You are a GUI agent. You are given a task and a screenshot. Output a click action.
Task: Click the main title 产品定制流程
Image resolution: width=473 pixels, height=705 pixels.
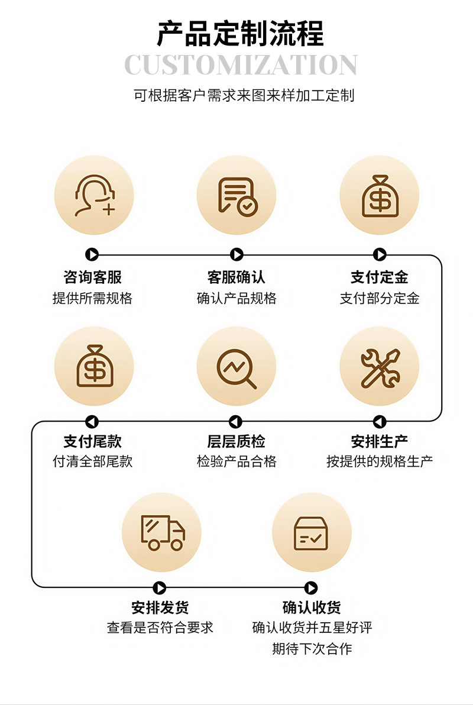[x=240, y=34]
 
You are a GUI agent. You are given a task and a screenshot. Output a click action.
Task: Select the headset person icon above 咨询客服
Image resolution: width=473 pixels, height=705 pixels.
[x=93, y=196]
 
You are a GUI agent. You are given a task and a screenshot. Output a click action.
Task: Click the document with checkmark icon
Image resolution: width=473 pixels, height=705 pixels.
[x=237, y=196]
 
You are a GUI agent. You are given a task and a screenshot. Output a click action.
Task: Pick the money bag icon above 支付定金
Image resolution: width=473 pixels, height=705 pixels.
[x=380, y=196]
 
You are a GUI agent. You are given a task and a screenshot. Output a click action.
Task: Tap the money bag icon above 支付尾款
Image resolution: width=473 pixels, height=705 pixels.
[x=93, y=366]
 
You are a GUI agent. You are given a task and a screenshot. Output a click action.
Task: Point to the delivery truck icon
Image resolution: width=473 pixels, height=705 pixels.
[x=161, y=532]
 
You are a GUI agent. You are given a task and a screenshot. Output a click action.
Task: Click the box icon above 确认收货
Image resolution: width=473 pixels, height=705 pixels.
[x=311, y=533]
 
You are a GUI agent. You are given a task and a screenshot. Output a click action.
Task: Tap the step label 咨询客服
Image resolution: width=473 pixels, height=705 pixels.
[x=92, y=277]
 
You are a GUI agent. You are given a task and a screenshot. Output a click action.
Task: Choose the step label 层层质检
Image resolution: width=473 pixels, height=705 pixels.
[x=236, y=442]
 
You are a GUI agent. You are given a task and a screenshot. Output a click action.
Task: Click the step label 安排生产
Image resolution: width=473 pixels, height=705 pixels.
[x=380, y=442]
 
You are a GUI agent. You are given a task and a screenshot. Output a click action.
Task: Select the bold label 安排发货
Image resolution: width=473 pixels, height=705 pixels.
[x=160, y=608]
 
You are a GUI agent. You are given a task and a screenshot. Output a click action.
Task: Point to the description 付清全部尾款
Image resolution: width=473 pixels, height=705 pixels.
[x=92, y=462]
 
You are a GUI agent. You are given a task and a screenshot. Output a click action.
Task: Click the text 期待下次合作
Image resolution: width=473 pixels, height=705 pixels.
[x=312, y=649]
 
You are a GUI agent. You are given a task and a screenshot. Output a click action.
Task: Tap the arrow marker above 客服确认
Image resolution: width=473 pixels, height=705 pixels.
[x=237, y=255]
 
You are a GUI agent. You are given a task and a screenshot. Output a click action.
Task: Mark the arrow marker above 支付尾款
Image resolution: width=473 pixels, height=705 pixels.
[x=92, y=422]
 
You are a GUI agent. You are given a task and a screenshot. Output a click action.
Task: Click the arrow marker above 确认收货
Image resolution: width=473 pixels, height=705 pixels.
[x=311, y=588]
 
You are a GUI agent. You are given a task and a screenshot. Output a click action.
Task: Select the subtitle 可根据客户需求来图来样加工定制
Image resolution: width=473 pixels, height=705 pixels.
[x=244, y=96]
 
